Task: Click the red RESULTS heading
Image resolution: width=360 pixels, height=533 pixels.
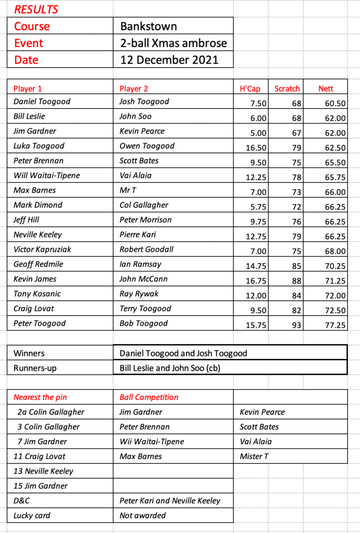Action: click(x=36, y=9)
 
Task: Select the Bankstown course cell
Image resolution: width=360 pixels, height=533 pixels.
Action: click(x=148, y=26)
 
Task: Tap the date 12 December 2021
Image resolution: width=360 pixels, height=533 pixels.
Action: click(x=169, y=59)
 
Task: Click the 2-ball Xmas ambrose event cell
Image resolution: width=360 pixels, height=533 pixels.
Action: click(x=173, y=43)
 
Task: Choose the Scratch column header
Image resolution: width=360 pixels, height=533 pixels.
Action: click(x=287, y=89)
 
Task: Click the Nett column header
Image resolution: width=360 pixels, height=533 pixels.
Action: click(x=326, y=89)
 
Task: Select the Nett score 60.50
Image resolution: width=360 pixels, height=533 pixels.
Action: click(x=335, y=104)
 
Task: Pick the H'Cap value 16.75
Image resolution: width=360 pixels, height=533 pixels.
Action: click(x=256, y=281)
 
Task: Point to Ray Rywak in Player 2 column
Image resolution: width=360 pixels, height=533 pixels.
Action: click(x=139, y=294)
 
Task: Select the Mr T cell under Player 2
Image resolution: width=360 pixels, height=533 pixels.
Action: click(x=128, y=190)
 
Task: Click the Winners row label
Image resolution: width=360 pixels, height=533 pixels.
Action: click(x=29, y=353)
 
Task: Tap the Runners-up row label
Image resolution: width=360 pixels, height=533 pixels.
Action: click(x=35, y=368)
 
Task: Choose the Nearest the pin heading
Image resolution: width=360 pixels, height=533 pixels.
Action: click(x=40, y=397)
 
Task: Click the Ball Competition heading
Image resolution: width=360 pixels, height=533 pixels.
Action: click(x=149, y=397)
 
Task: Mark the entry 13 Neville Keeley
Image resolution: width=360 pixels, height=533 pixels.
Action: click(x=43, y=471)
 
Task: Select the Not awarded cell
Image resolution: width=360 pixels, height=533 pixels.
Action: click(x=143, y=515)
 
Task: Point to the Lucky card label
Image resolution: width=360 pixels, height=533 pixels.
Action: click(x=32, y=515)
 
